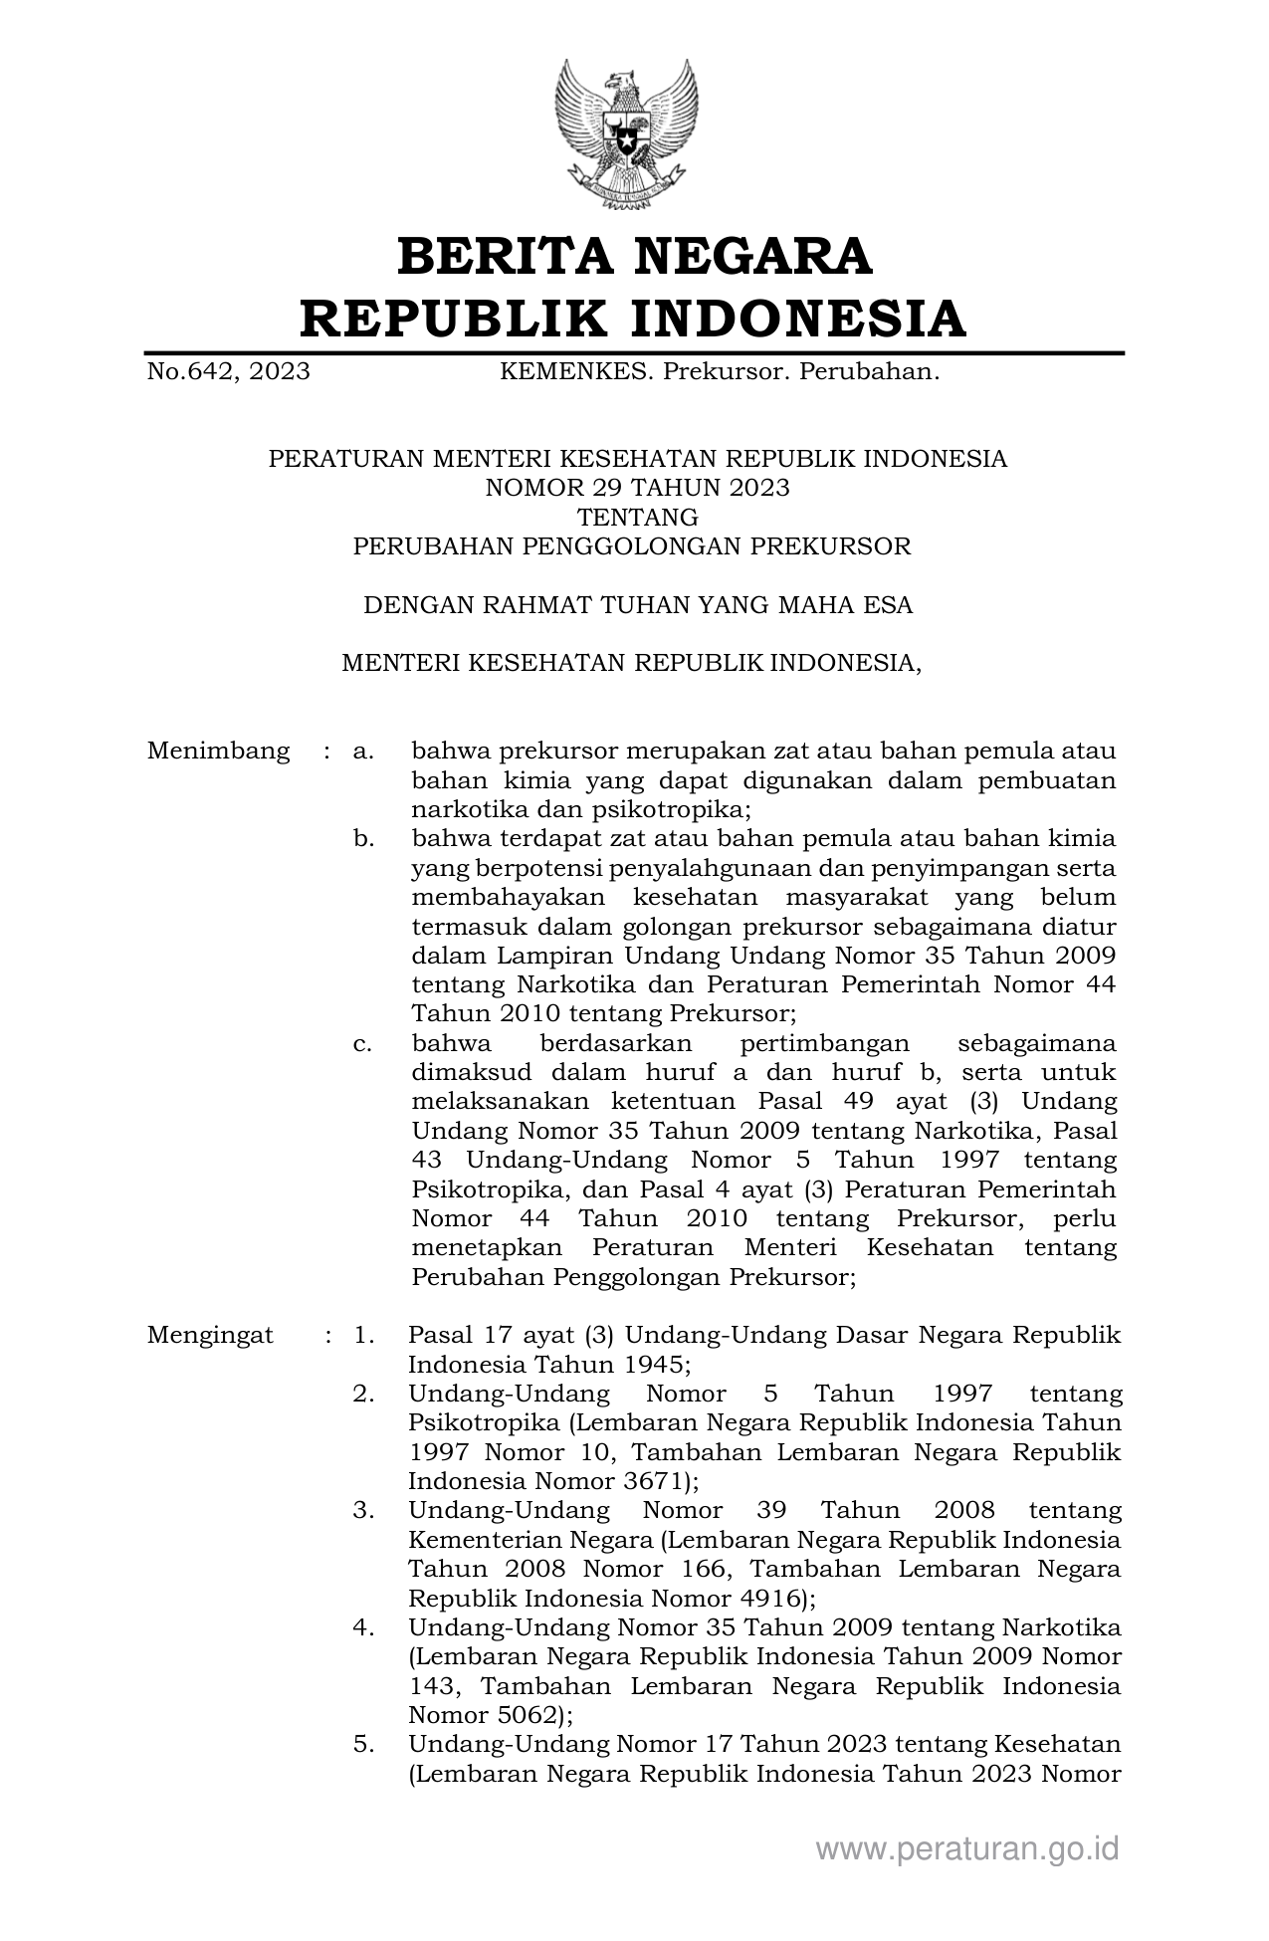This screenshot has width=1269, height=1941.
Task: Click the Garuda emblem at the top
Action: point(626,134)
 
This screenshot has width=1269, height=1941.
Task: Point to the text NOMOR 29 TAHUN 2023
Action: point(637,488)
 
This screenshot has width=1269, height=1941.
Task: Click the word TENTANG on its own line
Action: point(637,518)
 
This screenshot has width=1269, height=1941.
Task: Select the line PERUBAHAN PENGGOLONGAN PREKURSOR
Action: point(632,546)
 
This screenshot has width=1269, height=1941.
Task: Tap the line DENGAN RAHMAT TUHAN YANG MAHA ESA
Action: point(637,605)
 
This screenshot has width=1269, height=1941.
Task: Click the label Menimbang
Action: point(218,751)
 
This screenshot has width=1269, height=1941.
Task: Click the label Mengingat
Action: point(210,1335)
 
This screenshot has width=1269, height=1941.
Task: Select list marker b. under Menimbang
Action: point(363,839)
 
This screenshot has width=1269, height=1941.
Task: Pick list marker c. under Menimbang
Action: point(363,1044)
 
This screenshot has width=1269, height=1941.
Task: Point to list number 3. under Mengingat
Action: point(363,1511)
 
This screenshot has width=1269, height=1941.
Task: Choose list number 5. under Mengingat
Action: point(363,1744)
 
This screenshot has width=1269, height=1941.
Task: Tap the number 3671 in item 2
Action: point(656,1481)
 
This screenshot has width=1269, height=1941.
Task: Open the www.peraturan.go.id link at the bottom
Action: point(967,1848)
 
